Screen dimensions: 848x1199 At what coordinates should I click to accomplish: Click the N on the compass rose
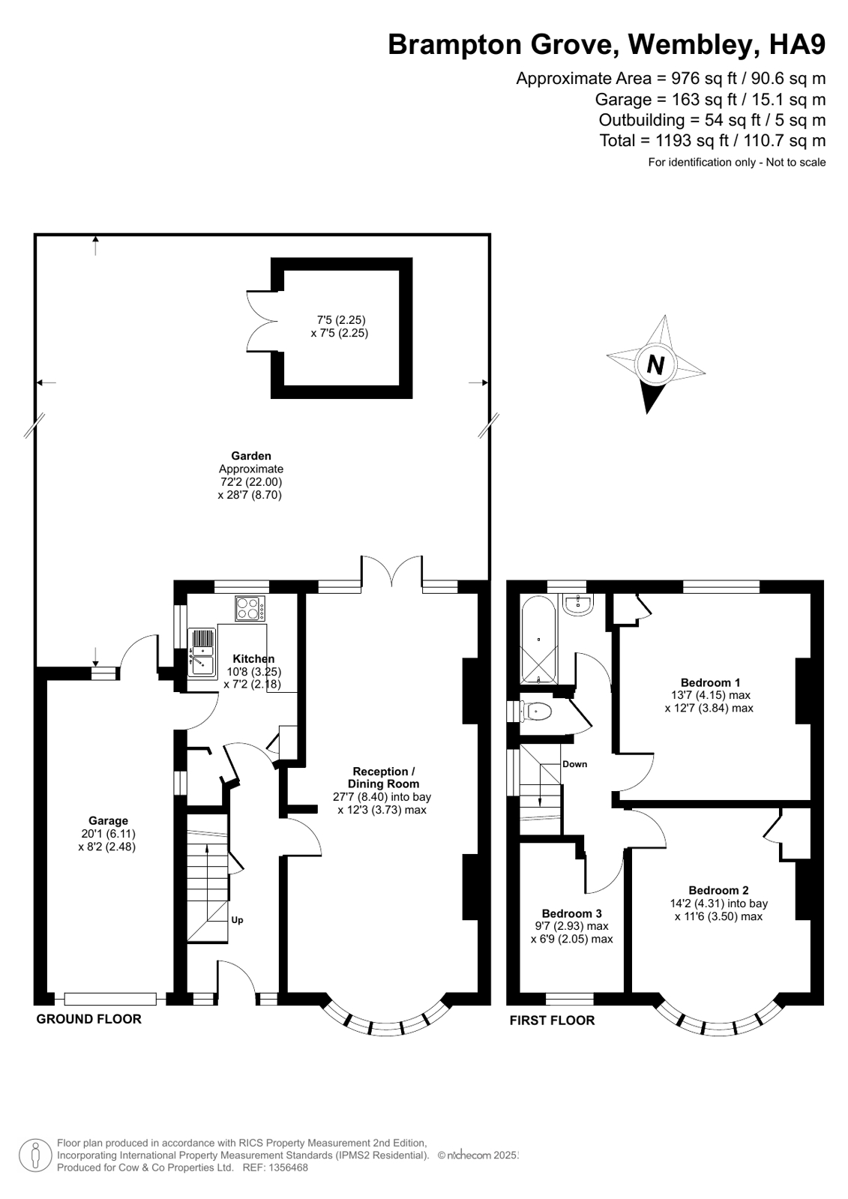655,366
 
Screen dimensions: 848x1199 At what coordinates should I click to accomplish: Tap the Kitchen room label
253,659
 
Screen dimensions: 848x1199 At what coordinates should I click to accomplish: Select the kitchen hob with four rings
250,609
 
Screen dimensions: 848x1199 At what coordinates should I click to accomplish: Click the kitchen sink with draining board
202,653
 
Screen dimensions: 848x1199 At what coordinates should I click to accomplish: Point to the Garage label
108,820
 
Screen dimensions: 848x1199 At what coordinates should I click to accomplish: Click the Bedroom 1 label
710,682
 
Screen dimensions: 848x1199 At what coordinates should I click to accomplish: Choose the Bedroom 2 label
718,890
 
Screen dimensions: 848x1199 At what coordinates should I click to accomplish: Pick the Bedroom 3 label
572,913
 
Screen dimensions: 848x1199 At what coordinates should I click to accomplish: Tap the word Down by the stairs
574,764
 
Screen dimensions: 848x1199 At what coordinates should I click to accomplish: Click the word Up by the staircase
237,920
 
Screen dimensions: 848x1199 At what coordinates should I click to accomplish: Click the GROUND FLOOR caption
89,1019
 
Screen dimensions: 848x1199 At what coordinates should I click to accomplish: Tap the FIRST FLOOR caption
552,1021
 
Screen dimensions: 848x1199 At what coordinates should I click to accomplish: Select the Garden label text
251,456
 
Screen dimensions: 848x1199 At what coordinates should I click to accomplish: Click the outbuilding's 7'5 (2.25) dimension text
341,320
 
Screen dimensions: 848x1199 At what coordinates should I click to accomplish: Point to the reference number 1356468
289,1168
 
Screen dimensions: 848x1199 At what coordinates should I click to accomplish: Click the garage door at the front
110,998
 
